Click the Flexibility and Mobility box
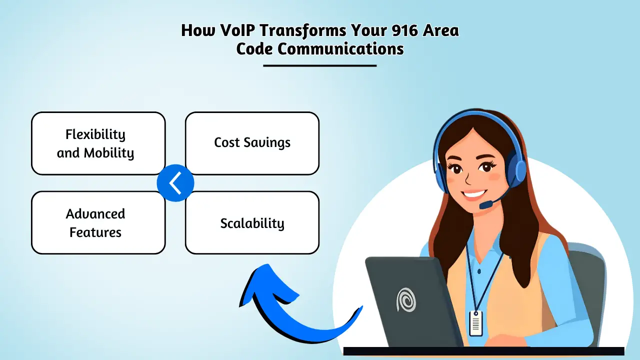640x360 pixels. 98,143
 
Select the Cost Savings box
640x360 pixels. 252,143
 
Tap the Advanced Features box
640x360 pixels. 98,222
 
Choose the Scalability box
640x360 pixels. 252,223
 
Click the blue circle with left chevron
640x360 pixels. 175,183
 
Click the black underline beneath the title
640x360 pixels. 319,65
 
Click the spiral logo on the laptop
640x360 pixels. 405,300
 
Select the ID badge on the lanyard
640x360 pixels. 475,323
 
